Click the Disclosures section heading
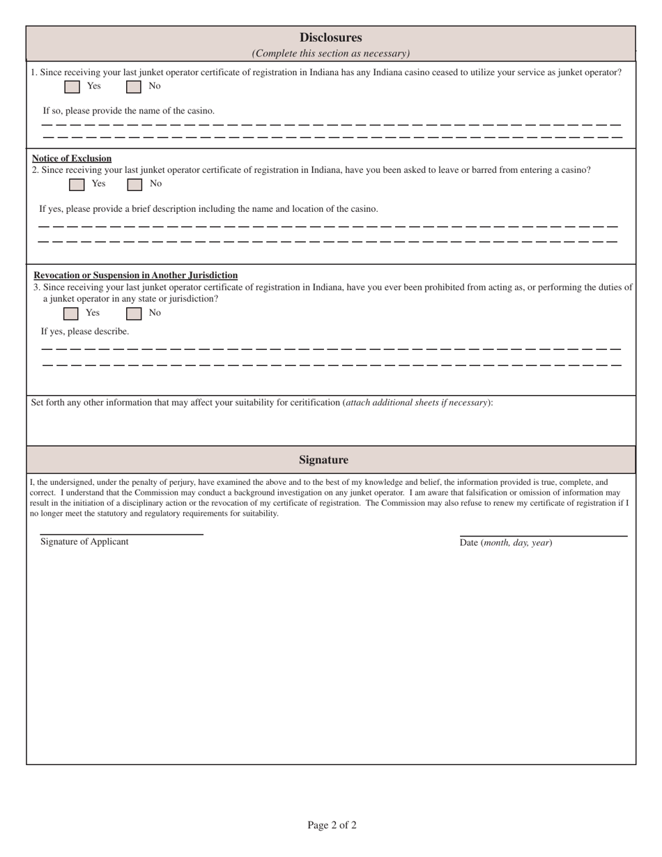tap(330, 38)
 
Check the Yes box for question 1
tap(72, 86)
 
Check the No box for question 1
tap(133, 86)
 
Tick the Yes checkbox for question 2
tap(77, 184)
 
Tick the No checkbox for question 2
tap(134, 184)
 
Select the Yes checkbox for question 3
tap(70, 314)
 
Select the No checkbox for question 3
tap(133, 314)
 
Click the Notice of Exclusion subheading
tap(72, 158)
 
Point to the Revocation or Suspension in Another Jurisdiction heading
tap(135, 275)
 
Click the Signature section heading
tap(323, 460)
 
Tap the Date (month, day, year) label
tap(506, 543)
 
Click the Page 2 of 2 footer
tap(332, 826)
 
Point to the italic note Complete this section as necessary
tap(330, 54)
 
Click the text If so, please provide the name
tap(129, 111)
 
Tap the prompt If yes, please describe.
tap(85, 332)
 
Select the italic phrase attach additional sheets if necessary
tap(416, 403)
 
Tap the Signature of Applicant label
tap(84, 542)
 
